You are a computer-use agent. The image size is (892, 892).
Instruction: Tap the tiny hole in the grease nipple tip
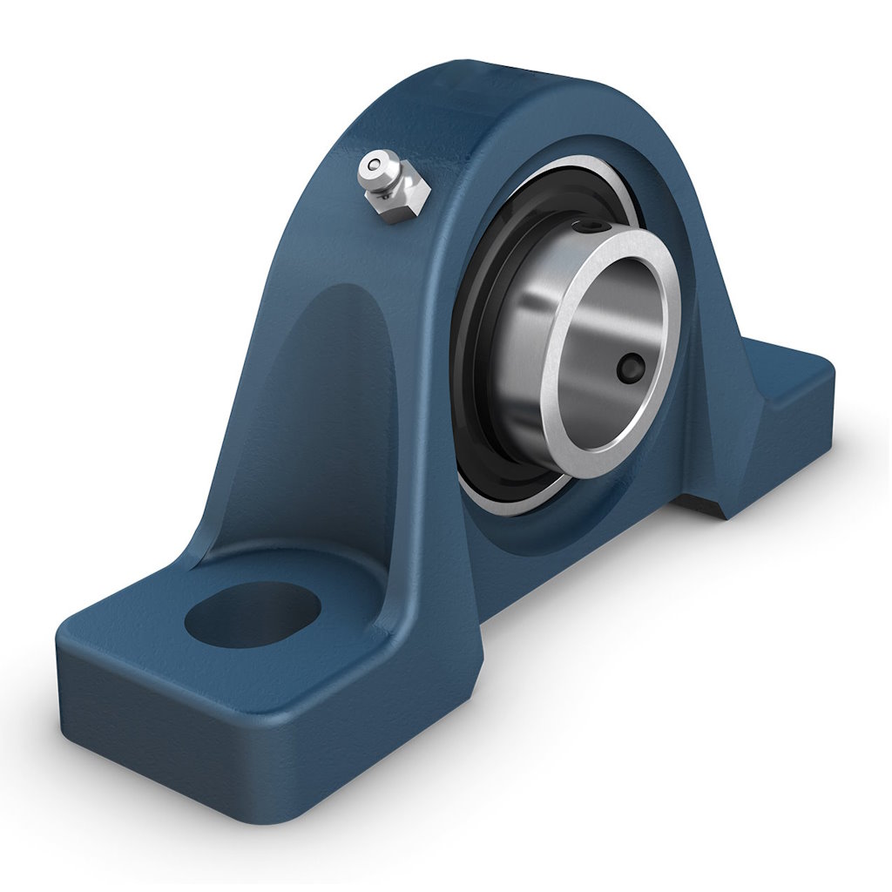coord(374,162)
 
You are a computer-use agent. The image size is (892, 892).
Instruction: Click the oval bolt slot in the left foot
coord(253,614)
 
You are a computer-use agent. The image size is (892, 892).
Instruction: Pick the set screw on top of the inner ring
coord(595,227)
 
